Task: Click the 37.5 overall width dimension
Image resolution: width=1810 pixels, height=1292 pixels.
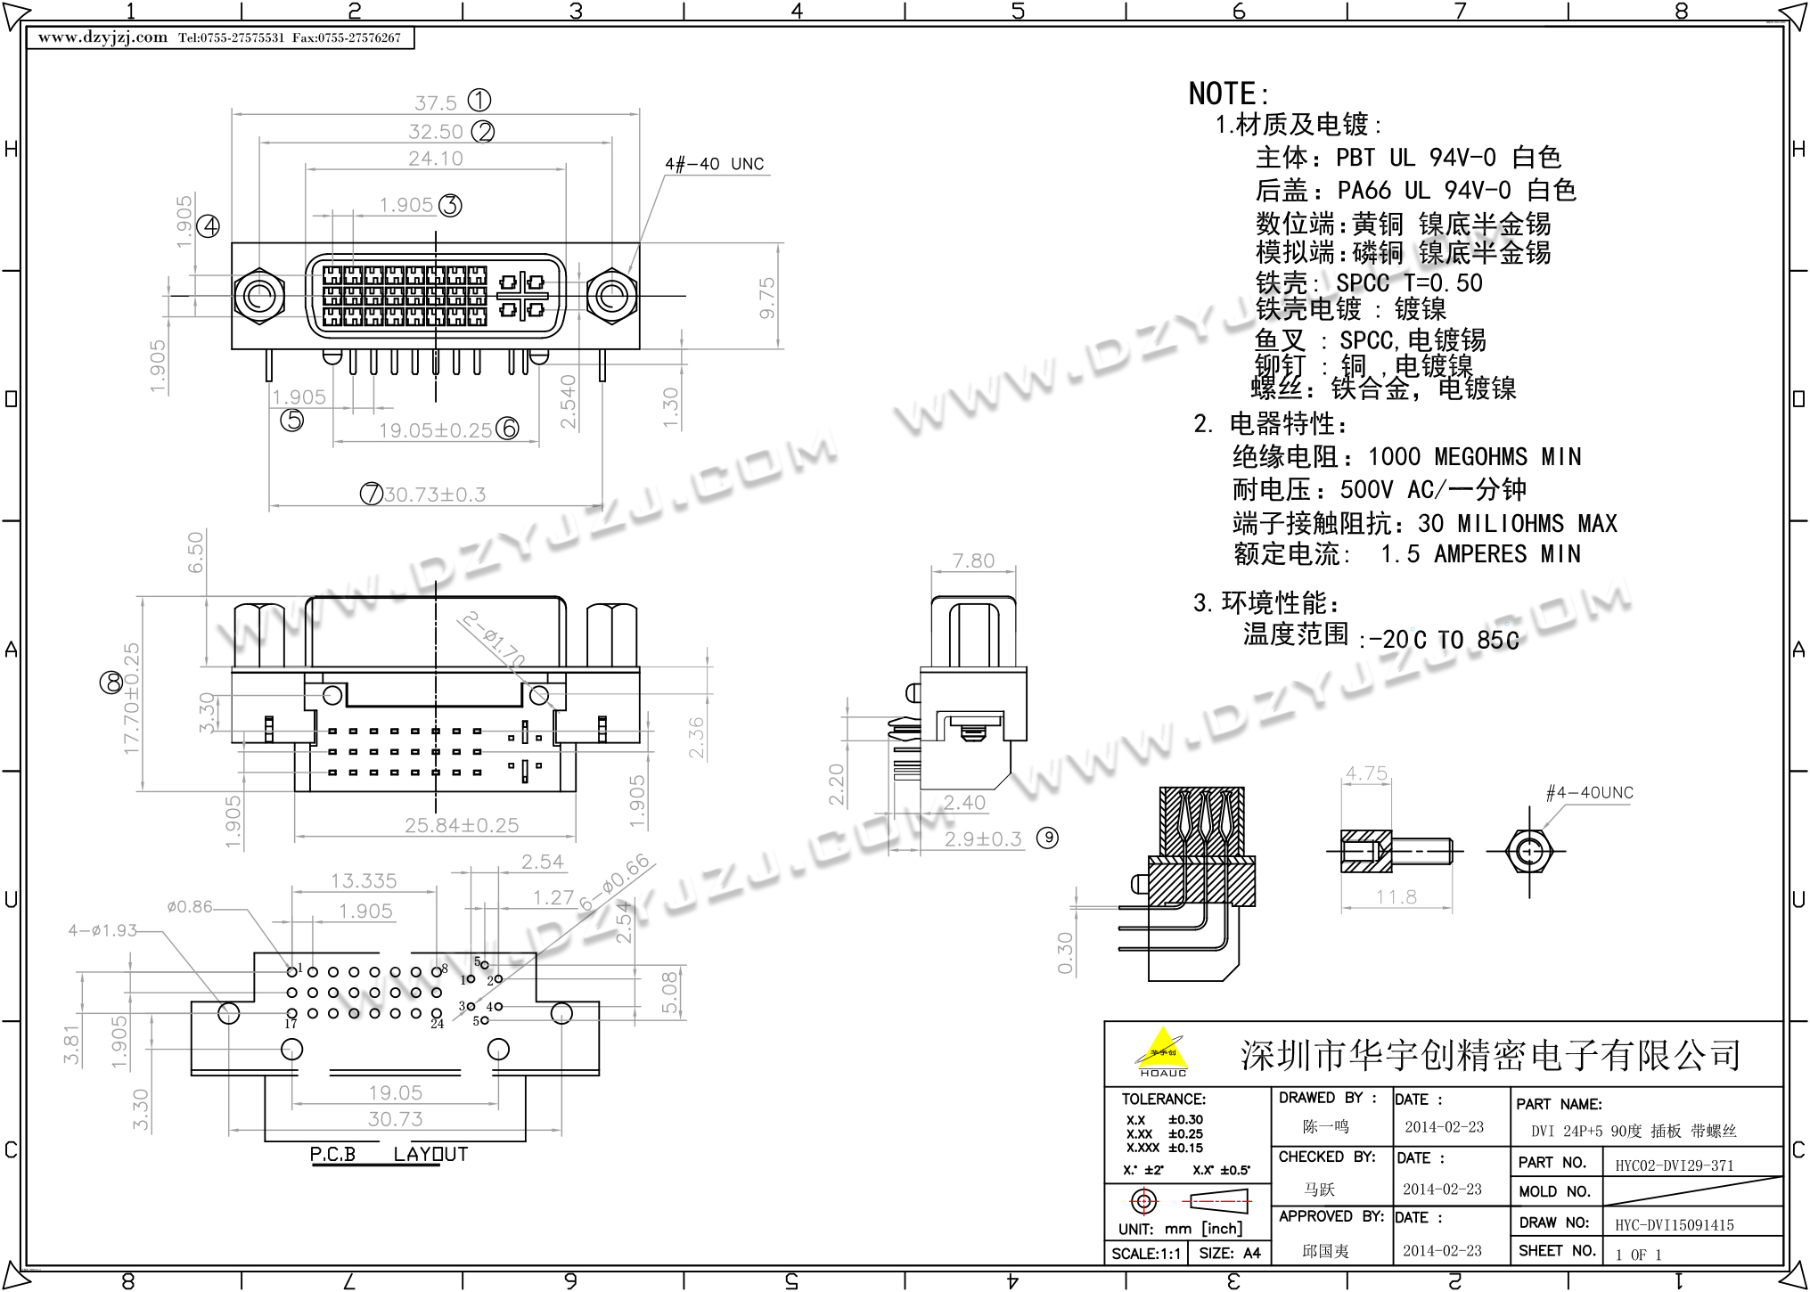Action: [x=435, y=102]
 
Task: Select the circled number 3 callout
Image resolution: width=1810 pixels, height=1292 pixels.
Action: [x=451, y=205]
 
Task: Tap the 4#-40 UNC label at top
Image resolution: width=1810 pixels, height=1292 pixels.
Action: [x=714, y=164]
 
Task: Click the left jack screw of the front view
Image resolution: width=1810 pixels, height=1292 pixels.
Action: [x=258, y=295]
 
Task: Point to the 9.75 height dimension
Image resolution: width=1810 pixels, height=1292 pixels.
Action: [x=766, y=298]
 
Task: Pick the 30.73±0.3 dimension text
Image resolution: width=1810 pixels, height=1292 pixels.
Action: [x=435, y=494]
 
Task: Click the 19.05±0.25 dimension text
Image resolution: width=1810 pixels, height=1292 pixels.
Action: [x=435, y=430]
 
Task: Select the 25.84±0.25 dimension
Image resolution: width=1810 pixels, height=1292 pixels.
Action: [x=461, y=825]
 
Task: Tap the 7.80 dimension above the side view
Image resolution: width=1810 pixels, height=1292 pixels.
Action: [x=972, y=560]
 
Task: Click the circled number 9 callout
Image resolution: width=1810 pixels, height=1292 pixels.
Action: [x=1048, y=838]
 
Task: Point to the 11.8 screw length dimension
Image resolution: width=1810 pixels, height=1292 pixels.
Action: [x=1396, y=896]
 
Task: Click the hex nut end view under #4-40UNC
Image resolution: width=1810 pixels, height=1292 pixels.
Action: [x=1528, y=850]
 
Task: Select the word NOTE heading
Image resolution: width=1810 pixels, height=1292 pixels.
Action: [x=1227, y=94]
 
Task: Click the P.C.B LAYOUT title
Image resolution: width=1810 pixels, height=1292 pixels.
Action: [x=389, y=1154]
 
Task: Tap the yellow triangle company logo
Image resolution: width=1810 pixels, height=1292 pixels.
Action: [x=1162, y=1049]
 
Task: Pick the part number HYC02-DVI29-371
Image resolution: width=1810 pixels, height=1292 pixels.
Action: [x=1674, y=1165]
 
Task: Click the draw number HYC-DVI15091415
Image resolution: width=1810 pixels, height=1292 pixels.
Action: [x=1674, y=1225]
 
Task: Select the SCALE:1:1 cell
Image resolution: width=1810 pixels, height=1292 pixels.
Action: [x=1145, y=1253]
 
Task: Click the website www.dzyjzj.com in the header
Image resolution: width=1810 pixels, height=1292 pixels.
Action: [x=102, y=37]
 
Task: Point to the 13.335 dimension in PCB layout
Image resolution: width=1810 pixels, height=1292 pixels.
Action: [x=364, y=880]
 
